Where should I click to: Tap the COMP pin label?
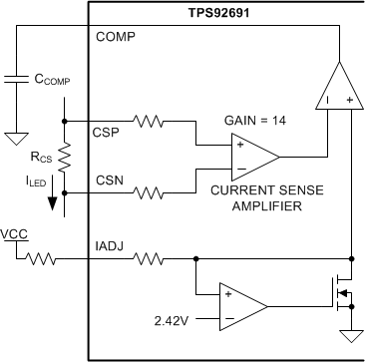116,38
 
